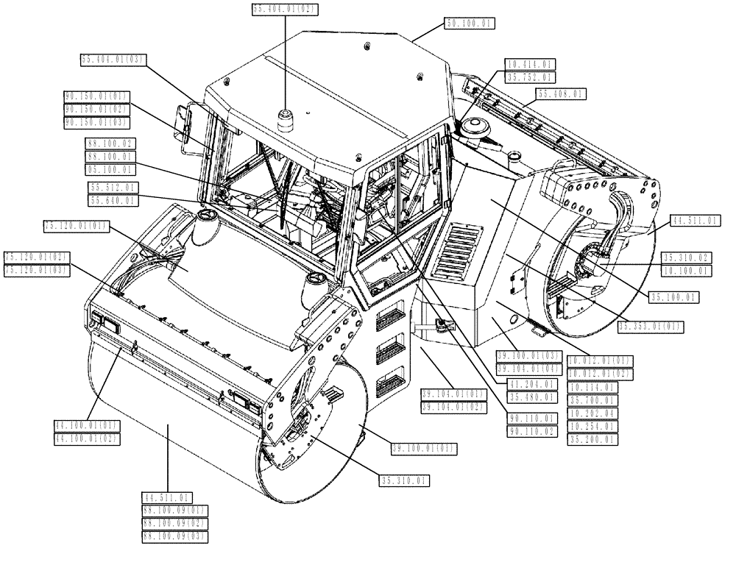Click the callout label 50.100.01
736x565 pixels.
[469, 23]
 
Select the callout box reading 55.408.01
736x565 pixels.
[561, 94]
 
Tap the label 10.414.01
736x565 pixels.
[529, 65]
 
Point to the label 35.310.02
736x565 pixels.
[686, 257]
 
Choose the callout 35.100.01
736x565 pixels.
[673, 297]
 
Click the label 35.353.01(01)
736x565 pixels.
[651, 326]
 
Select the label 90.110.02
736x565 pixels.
[533, 431]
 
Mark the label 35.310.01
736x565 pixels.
[405, 480]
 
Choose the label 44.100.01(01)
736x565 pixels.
[87, 425]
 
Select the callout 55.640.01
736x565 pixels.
[112, 200]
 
